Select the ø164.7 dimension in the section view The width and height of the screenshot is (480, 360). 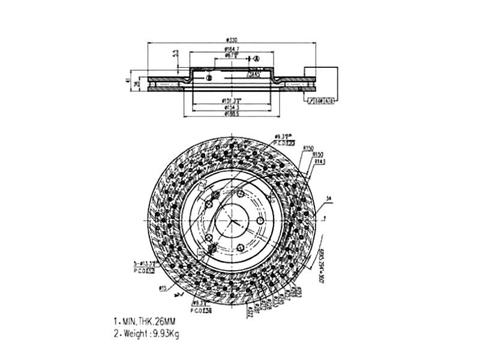coord(232,49)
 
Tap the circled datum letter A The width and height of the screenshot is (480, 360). coord(256,58)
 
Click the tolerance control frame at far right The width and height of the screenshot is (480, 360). coord(320,100)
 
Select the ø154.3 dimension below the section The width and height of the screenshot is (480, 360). coord(232,107)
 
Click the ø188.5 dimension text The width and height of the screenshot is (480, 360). coord(232,113)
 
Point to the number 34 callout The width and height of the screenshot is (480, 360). coord(328,198)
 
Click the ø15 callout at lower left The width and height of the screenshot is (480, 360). coord(163,289)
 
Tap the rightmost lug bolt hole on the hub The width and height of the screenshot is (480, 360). coord(260,221)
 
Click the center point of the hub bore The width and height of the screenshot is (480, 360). coord(232,221)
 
